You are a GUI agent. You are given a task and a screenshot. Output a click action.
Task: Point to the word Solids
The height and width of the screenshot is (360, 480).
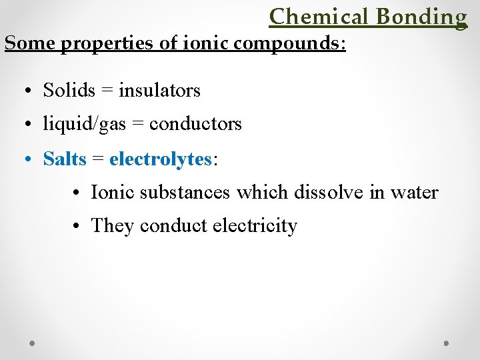point(68,89)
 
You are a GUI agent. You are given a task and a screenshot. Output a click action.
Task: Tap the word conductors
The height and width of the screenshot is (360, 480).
point(195,124)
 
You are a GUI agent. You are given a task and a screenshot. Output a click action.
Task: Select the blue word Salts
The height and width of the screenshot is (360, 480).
point(65,159)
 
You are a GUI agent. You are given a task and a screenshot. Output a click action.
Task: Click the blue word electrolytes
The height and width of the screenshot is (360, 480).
point(160,159)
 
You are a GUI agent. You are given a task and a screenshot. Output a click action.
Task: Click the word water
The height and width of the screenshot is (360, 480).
point(414,193)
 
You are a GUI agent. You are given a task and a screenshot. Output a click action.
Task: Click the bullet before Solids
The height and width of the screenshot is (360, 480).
point(31,90)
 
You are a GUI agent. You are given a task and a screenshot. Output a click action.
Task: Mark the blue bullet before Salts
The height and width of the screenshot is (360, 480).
point(31,159)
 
